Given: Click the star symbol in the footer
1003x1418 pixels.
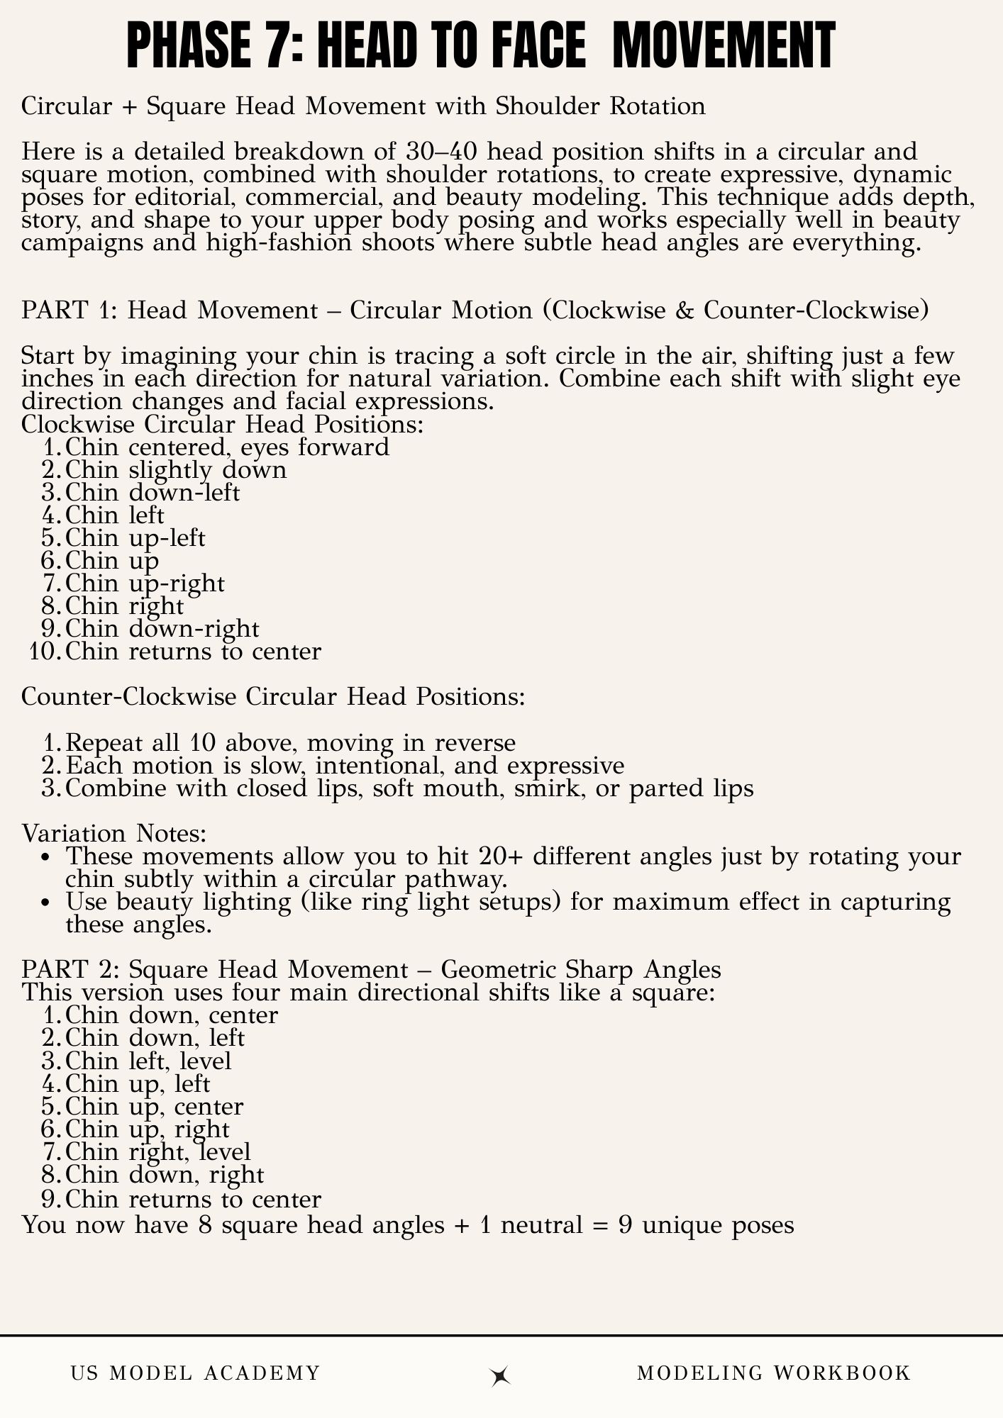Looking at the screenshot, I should pyautogui.click(x=501, y=1375).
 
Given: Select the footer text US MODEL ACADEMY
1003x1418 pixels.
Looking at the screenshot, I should pyautogui.click(x=196, y=1373).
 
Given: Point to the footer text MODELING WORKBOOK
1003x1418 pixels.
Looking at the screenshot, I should pyautogui.click(x=773, y=1373).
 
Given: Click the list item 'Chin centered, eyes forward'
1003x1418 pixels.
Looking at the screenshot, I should pyautogui.click(x=227, y=447).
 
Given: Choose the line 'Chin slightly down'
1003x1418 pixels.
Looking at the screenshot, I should pyautogui.click(x=176, y=470).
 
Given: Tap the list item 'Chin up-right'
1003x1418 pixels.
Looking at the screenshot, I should pyautogui.click(x=145, y=584).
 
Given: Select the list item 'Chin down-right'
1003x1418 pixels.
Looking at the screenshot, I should pyautogui.click(x=162, y=629).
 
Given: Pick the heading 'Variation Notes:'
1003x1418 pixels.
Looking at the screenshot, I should pyautogui.click(x=114, y=833).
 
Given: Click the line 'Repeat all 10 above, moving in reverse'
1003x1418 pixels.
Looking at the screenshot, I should pyautogui.click(x=290, y=743).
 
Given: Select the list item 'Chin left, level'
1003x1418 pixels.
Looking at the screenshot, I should pyautogui.click(x=148, y=1061).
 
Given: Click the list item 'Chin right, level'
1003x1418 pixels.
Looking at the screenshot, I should pyautogui.click(x=157, y=1151).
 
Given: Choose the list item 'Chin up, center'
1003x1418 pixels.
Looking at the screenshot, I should pyautogui.click(x=154, y=1106).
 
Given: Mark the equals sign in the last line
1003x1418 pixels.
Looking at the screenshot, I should pyautogui.click(x=602, y=1225).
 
